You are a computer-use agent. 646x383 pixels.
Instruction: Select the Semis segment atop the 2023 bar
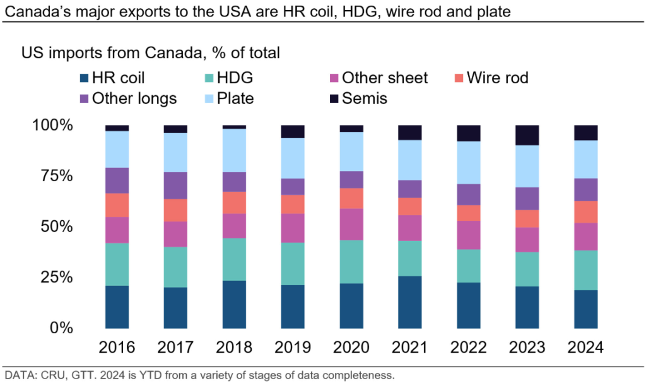527,135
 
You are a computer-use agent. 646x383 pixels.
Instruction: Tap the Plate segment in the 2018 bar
234,150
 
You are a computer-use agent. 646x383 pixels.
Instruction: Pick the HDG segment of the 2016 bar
117,264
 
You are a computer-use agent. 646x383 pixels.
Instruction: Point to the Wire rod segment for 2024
585,212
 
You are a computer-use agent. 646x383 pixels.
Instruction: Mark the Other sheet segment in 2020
351,224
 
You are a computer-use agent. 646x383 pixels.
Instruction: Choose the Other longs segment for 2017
175,186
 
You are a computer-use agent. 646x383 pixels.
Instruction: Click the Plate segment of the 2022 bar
468,162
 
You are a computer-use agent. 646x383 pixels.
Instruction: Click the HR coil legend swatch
83,79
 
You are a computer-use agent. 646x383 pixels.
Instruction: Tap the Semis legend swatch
332,98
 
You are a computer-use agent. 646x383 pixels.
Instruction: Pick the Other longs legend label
134,98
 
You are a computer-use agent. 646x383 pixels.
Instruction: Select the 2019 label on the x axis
293,348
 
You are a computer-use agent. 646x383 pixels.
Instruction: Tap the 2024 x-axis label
585,348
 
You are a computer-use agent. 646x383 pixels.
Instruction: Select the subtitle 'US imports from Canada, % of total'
151,53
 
